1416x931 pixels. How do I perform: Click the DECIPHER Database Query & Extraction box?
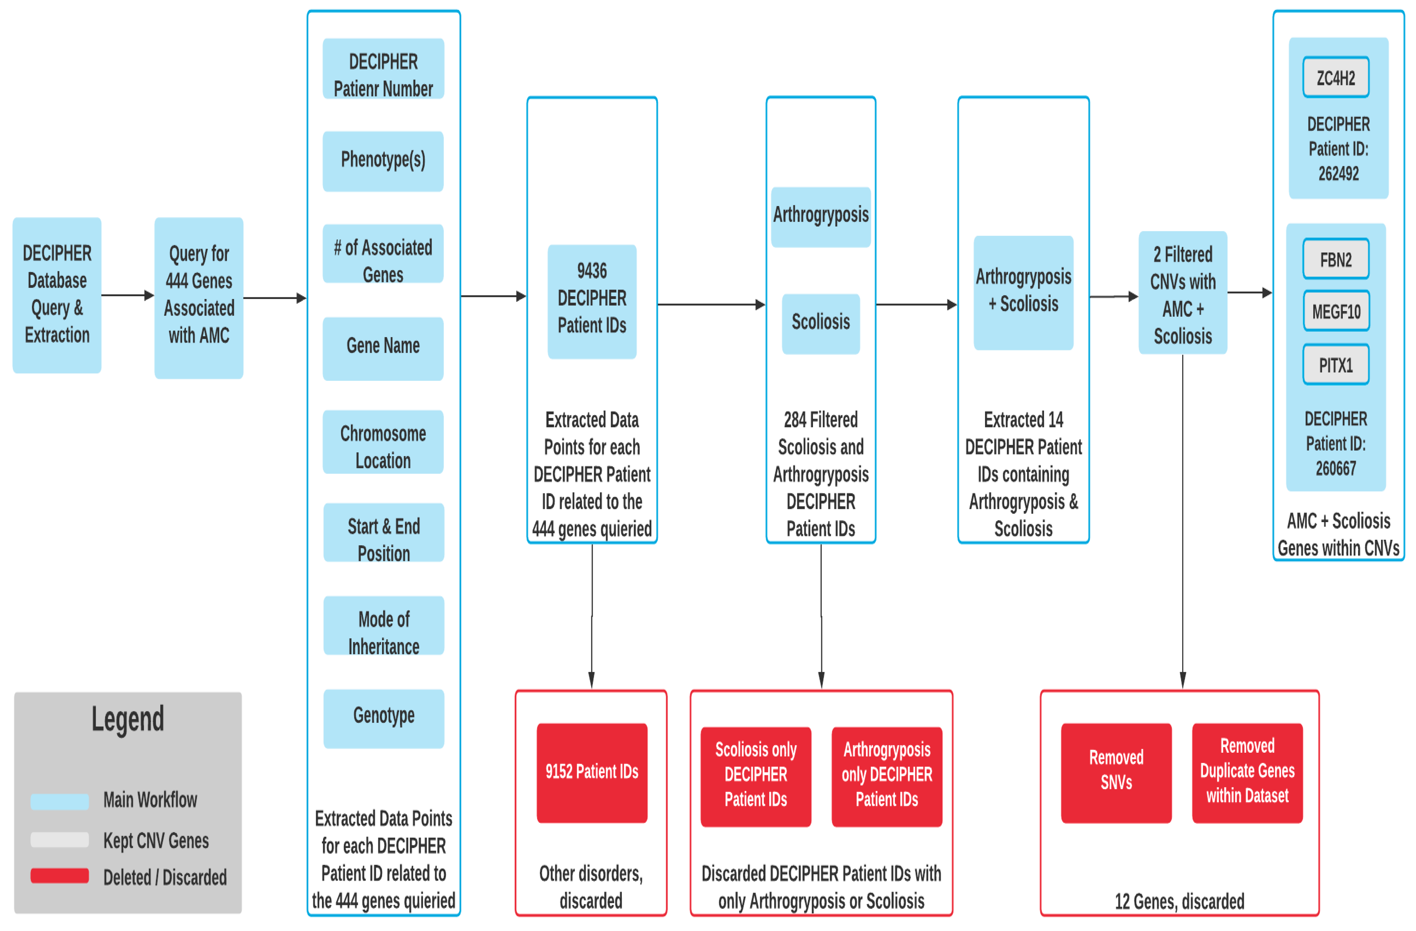[x=57, y=294]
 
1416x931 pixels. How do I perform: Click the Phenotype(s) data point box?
[x=383, y=161]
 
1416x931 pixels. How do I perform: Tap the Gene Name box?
[x=383, y=348]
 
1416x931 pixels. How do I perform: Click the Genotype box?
[x=384, y=717]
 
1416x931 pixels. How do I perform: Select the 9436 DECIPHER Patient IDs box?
[x=592, y=300]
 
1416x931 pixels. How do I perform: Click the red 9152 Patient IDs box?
[x=592, y=772]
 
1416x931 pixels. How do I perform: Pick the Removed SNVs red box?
[x=1116, y=772]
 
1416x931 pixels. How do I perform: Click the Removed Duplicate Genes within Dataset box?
[x=1247, y=772]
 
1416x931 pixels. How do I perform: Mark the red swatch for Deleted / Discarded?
[x=59, y=875]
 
